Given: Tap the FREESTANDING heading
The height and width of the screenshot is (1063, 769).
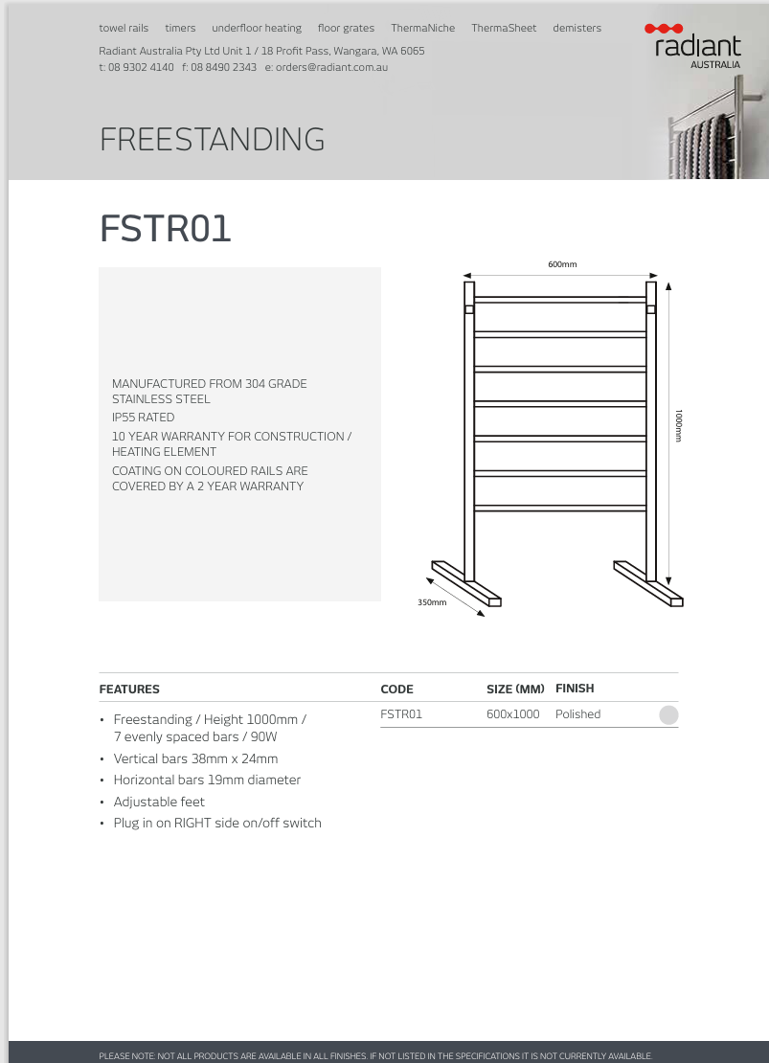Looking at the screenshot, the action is pos(212,140).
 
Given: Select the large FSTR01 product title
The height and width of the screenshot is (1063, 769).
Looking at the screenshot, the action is pos(166,230).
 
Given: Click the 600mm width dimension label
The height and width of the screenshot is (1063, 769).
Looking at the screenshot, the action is pos(562,265).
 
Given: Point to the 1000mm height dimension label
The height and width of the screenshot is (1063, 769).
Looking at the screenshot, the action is pos(679,425).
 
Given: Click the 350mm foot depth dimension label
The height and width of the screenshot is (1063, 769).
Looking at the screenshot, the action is pos(432,602).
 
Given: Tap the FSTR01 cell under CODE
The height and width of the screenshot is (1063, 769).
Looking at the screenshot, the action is pos(401,714).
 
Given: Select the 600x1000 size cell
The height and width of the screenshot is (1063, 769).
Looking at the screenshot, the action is pos(513,714).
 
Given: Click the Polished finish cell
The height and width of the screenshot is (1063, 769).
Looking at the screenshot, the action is pos(577,714).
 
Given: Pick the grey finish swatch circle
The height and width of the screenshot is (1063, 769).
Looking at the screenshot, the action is pos(668,714).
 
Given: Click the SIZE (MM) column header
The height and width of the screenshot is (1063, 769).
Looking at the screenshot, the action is pos(515,690).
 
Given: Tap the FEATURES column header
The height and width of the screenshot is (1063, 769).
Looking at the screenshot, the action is pos(129,690).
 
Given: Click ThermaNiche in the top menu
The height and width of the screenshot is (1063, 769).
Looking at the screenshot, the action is pos(422,29).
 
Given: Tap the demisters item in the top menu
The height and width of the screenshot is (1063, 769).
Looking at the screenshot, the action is pos(577,29).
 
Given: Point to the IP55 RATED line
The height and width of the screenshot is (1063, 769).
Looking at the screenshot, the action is pos(144,418).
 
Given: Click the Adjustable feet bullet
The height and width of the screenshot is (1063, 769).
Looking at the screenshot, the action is pos(159,802).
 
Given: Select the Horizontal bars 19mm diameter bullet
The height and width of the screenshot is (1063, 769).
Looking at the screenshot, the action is pos(207,780).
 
